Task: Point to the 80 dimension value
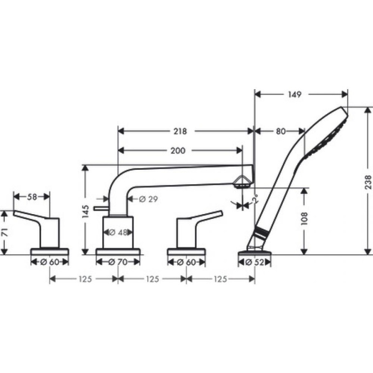click(281, 131)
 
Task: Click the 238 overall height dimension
click(367, 179)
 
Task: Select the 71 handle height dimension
click(5, 232)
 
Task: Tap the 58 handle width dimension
click(32, 197)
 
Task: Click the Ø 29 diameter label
click(148, 199)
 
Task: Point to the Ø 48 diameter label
click(118, 233)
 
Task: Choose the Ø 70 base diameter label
click(118, 262)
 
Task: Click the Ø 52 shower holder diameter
click(254, 262)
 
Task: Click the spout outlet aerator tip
click(243, 183)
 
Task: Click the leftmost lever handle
click(38, 222)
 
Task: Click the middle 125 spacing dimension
click(152, 279)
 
